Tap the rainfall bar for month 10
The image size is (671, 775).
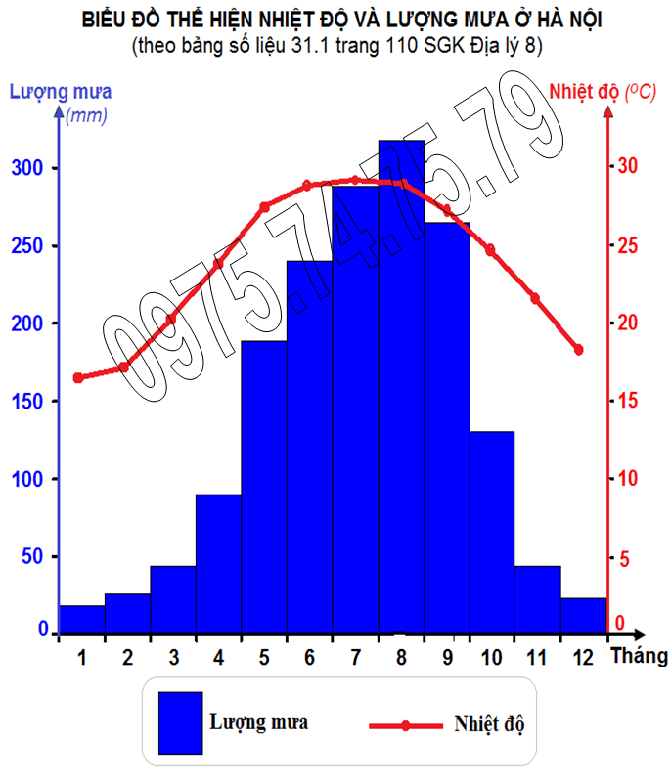point(492,533)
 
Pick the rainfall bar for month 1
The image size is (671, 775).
point(81,620)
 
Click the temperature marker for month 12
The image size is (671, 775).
point(579,350)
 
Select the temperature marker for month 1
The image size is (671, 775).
point(78,377)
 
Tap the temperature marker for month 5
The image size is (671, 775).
point(264,207)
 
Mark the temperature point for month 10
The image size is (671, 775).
point(490,249)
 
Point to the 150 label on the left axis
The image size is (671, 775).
point(34,401)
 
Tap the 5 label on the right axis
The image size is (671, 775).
point(620,558)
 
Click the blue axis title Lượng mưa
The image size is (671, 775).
point(61,93)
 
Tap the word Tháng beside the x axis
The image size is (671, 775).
point(640,656)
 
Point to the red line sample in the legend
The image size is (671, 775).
point(406,726)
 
